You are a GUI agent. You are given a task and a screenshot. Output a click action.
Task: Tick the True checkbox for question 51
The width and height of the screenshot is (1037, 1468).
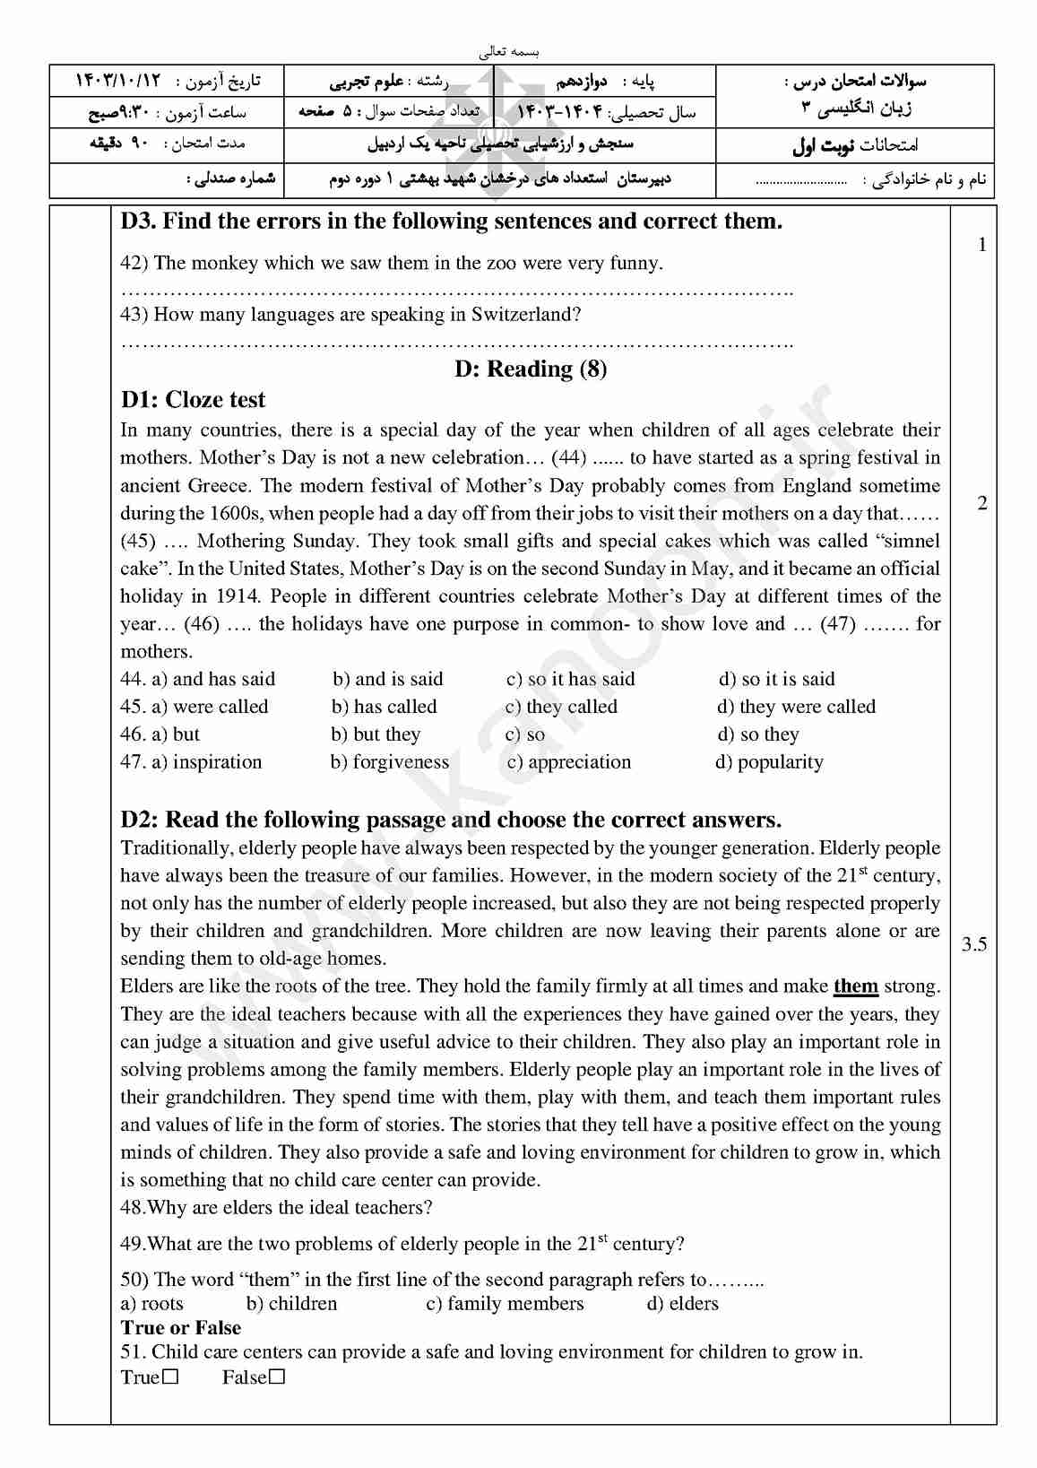(x=171, y=1377)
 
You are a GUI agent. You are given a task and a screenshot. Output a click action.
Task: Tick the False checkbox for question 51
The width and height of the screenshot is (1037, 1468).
(x=277, y=1377)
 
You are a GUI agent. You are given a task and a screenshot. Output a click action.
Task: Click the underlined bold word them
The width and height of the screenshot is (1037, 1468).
(x=855, y=986)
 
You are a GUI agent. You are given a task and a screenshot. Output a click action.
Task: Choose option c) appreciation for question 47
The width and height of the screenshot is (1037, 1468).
(x=569, y=762)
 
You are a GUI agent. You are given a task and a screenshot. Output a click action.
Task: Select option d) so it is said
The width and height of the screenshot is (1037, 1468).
(x=776, y=679)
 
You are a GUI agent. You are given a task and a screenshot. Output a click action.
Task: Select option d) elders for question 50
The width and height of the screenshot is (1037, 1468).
(x=682, y=1304)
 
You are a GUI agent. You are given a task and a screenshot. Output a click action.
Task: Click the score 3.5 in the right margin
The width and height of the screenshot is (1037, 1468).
(x=973, y=944)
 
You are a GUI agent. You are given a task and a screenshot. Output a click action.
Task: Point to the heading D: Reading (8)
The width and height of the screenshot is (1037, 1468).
(x=531, y=369)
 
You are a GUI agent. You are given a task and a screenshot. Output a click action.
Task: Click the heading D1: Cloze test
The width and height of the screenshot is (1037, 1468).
(x=193, y=400)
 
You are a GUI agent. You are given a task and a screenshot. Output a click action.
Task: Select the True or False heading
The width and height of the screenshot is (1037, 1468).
(x=180, y=1328)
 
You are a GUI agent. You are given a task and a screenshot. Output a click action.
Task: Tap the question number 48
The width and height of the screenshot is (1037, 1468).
(x=133, y=1208)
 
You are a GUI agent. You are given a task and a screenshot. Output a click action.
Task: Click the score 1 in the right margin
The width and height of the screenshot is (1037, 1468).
(x=982, y=244)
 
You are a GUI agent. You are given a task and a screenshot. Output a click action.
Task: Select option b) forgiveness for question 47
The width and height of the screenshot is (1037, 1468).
(x=390, y=762)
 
